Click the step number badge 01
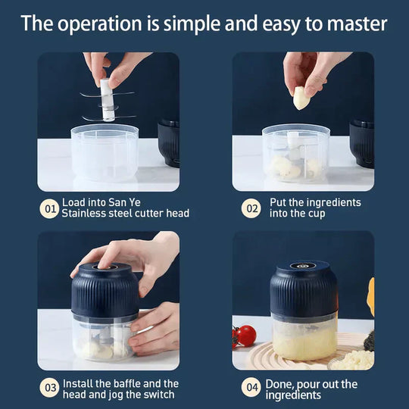pos(49,208)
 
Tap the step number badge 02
pos(251,208)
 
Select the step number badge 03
pos(49,389)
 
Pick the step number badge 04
pos(251,389)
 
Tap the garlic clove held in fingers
pos(301,97)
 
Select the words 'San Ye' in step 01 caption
pos(124,202)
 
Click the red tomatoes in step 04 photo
pos(245,335)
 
